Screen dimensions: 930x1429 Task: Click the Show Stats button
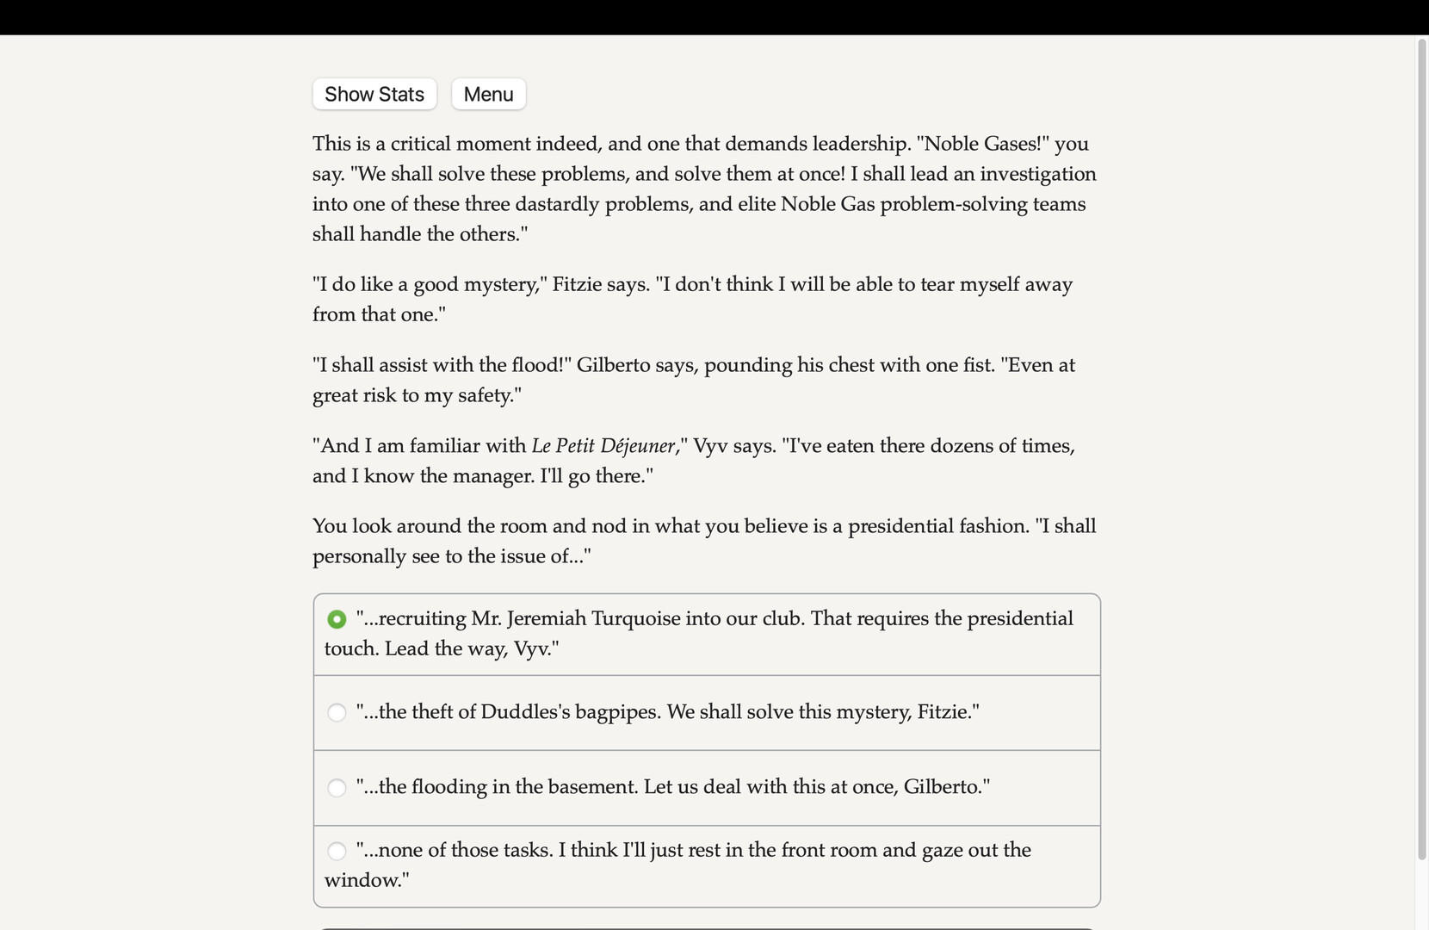tap(374, 94)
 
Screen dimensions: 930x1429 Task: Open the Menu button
tap(488, 94)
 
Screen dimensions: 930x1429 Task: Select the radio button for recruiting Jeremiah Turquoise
tap(337, 619)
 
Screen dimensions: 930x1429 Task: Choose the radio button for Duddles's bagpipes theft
tap(337, 712)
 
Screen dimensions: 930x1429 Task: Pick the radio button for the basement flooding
tap(337, 787)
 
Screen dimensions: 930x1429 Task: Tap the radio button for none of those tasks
tap(337, 851)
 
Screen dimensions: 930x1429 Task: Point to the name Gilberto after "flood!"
tap(613, 365)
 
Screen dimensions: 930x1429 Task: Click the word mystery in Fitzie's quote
tap(501, 284)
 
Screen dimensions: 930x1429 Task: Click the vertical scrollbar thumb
tap(1421, 448)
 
